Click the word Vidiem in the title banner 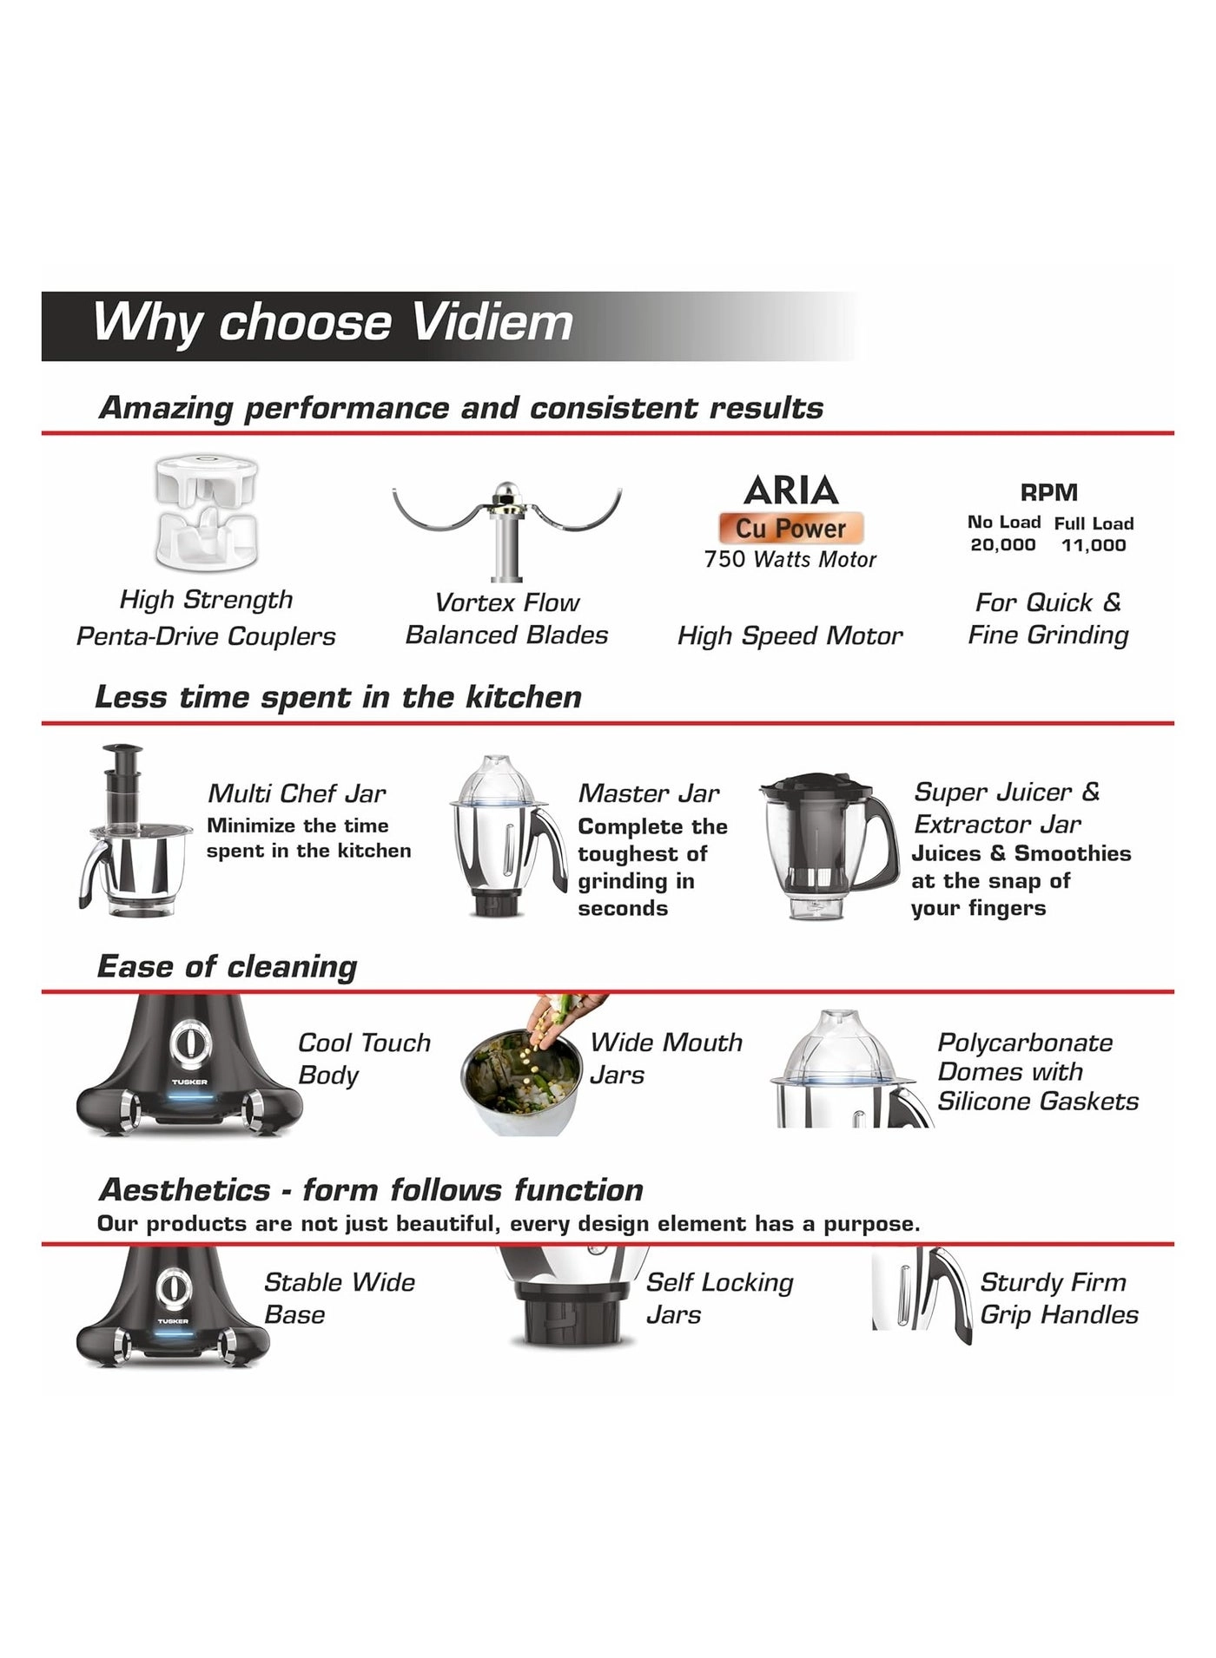point(492,322)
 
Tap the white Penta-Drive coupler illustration point(206,513)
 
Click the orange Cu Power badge point(790,528)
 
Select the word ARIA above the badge point(790,490)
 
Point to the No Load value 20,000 point(1003,545)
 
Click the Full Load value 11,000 point(1094,545)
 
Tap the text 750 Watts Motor point(790,560)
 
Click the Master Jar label point(649,793)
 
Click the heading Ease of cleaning point(227,966)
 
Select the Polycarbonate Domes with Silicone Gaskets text point(1038,1072)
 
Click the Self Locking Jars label point(719,1299)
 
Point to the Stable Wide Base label point(339,1299)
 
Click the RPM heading point(1048,492)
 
